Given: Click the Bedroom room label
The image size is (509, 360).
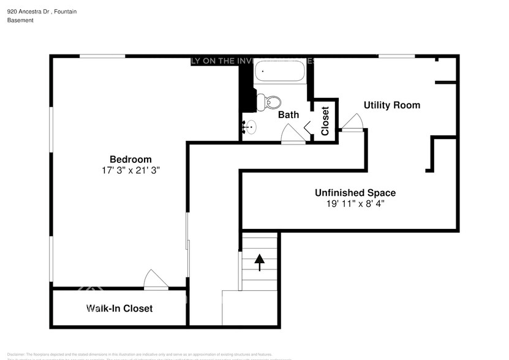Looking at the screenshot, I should [130, 159].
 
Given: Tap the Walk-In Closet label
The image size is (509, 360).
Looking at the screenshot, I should [119, 308].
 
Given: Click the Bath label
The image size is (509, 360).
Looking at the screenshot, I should [288, 114].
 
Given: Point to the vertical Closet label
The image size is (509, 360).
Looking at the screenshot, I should [325, 121].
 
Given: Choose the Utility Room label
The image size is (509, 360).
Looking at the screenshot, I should [392, 105].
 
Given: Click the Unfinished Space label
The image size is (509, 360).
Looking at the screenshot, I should [355, 193].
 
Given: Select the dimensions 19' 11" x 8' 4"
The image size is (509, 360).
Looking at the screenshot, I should [355, 204].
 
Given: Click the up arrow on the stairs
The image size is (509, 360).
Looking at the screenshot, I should [260, 262].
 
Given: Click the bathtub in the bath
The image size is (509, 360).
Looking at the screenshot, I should [279, 72].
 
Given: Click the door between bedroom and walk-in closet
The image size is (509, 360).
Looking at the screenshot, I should [156, 280].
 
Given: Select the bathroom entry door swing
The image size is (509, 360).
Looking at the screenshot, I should [293, 134].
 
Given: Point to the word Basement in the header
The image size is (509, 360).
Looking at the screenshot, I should [20, 20].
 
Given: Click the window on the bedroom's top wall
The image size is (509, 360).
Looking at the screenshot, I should [102, 56].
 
